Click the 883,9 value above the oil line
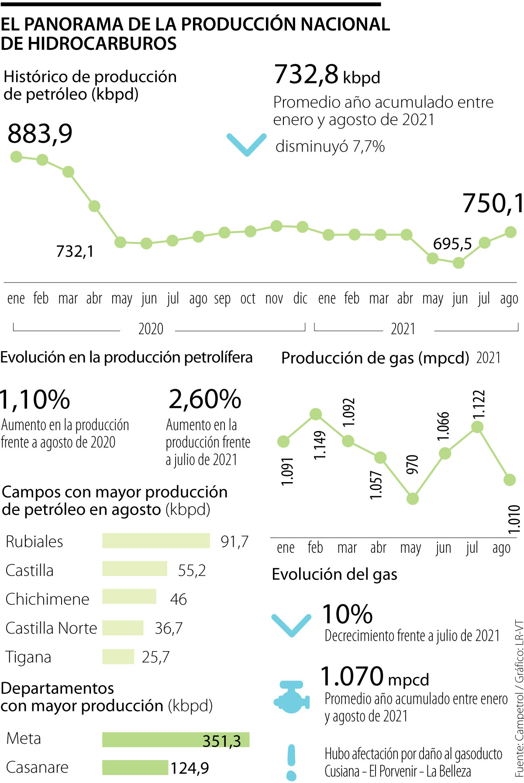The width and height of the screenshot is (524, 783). (x=40, y=134)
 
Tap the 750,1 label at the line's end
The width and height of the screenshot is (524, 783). (x=493, y=203)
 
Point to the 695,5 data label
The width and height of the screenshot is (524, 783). (x=452, y=244)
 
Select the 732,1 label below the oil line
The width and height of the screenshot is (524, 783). (x=75, y=252)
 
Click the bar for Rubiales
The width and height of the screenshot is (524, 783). (x=156, y=541)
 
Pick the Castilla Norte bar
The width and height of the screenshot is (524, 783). (x=123, y=628)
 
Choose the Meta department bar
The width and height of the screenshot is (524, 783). (x=176, y=740)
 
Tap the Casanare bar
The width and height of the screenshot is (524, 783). (x=135, y=768)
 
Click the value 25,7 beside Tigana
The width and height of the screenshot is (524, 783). (x=155, y=657)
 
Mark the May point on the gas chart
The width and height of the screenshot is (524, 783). (x=412, y=499)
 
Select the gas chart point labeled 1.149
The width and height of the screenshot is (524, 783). (x=316, y=414)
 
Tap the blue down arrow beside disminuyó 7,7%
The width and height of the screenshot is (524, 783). (x=247, y=144)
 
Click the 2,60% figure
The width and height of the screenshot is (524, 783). (x=205, y=399)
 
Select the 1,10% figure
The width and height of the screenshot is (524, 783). (x=35, y=399)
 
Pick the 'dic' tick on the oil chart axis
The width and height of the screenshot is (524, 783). (x=300, y=299)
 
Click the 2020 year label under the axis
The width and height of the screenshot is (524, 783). (x=151, y=328)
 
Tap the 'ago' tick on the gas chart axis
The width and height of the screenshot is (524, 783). (x=501, y=548)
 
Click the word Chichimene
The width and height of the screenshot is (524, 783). (x=47, y=599)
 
